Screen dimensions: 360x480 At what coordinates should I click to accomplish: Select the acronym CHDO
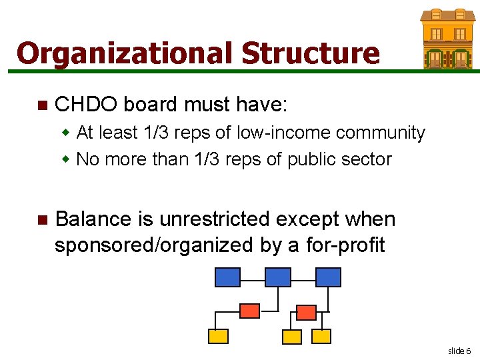pos(86,105)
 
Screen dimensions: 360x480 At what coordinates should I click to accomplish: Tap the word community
pos(381,133)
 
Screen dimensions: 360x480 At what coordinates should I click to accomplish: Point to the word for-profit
pos(345,245)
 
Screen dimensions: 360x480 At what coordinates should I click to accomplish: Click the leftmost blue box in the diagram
pos(227,277)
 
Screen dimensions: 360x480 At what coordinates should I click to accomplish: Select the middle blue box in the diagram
pos(278,277)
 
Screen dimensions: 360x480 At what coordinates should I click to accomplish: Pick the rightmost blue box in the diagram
pos(328,277)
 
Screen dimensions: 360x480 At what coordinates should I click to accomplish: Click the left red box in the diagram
pos(249,311)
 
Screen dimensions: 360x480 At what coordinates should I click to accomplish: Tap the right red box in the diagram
pos(306,312)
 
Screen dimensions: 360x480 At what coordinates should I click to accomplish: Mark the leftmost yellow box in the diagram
pos(218,336)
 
